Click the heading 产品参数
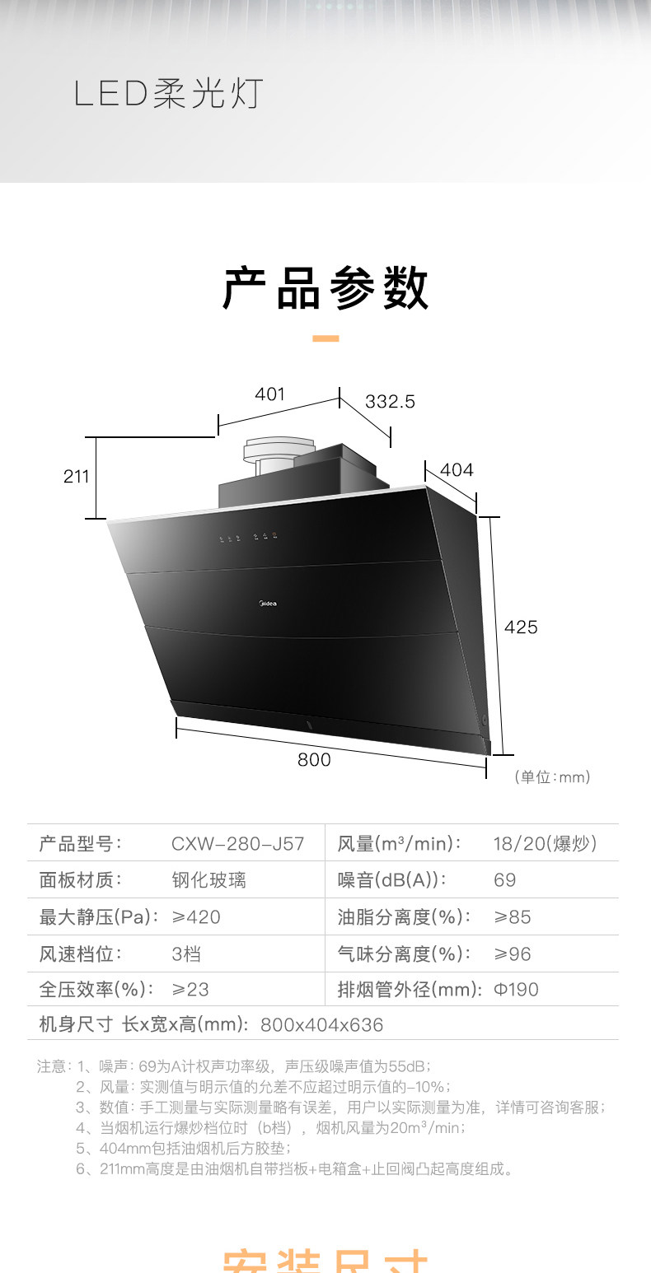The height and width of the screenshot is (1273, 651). click(325, 288)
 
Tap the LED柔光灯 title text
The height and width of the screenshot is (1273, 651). click(168, 95)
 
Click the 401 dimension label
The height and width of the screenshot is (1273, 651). click(269, 394)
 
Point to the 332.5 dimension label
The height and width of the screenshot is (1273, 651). click(390, 402)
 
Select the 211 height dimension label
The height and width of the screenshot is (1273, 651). click(77, 476)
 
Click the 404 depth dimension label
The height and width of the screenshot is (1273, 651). click(457, 470)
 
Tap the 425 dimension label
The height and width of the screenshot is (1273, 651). click(521, 627)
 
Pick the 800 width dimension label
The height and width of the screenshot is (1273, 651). click(314, 760)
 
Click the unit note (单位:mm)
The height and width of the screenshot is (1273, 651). click(552, 776)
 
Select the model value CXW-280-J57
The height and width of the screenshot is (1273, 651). click(237, 844)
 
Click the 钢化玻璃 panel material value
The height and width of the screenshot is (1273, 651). click(208, 880)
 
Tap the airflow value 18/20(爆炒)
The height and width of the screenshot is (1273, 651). click(545, 844)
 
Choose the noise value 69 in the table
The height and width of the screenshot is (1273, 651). click(504, 880)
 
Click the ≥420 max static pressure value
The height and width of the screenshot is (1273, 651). click(196, 917)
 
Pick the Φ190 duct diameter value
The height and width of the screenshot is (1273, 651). click(516, 989)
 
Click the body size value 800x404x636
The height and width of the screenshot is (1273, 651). click(321, 1025)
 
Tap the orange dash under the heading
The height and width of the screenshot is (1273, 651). click(326, 338)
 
